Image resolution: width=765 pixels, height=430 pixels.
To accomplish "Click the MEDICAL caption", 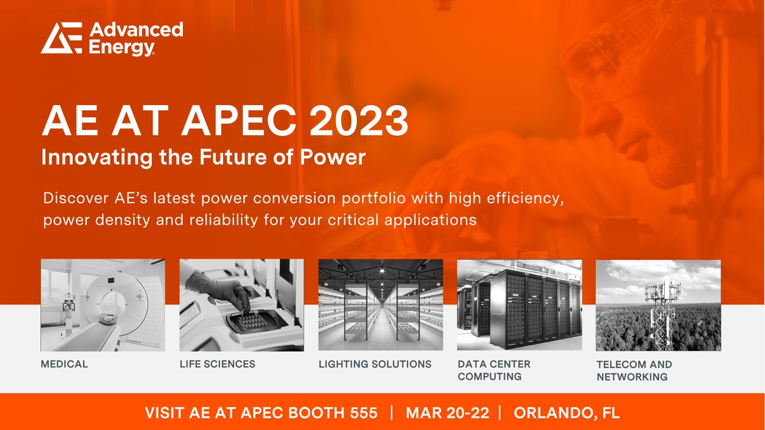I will tap(64, 364).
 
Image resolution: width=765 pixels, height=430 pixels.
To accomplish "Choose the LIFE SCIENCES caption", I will tap(217, 364).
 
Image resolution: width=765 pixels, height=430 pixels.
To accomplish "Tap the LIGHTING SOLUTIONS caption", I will tap(375, 364).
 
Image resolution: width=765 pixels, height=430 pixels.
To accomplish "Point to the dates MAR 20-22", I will tap(448, 412).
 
